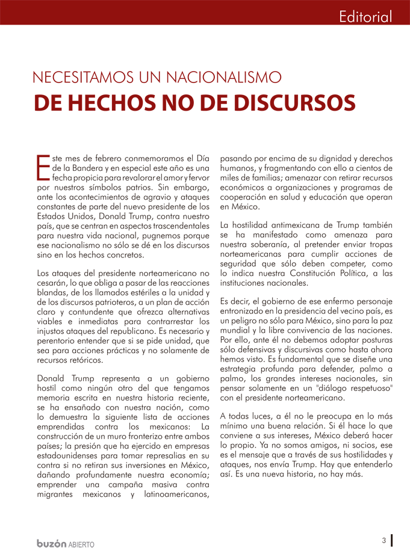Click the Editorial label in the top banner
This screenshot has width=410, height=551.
point(365,16)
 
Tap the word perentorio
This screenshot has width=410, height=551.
point(57,341)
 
